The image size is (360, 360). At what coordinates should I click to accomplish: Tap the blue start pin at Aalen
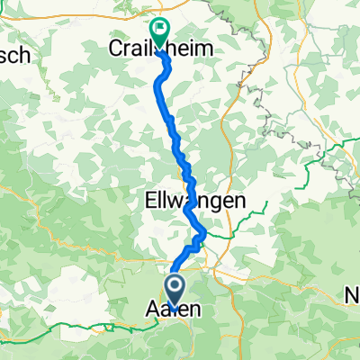tap(174, 291)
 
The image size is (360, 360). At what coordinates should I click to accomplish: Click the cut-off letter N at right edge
tap(354, 296)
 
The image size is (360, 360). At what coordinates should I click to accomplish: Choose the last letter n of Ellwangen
tap(238, 203)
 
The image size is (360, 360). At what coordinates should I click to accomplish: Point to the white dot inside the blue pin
tap(174, 288)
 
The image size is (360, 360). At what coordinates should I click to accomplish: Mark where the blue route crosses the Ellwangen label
tap(192, 203)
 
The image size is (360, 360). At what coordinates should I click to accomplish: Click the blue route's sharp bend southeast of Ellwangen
tap(202, 236)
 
